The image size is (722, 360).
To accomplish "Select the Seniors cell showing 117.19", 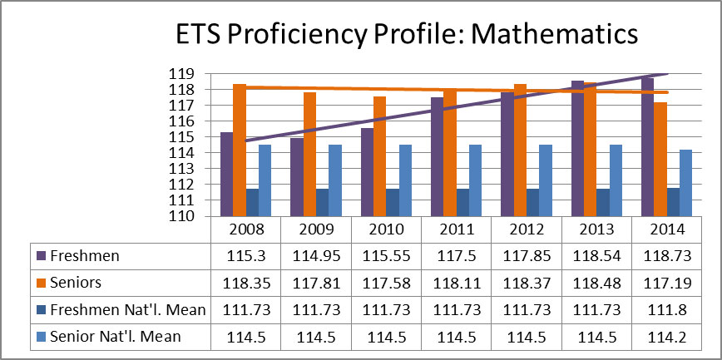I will click(665, 283).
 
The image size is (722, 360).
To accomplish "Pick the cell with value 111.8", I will click(665, 310).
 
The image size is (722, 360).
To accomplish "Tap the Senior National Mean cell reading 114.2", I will click(665, 337).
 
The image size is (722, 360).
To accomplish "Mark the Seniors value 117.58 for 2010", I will click(385, 283).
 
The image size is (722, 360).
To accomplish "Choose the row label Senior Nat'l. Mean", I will click(116, 337).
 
